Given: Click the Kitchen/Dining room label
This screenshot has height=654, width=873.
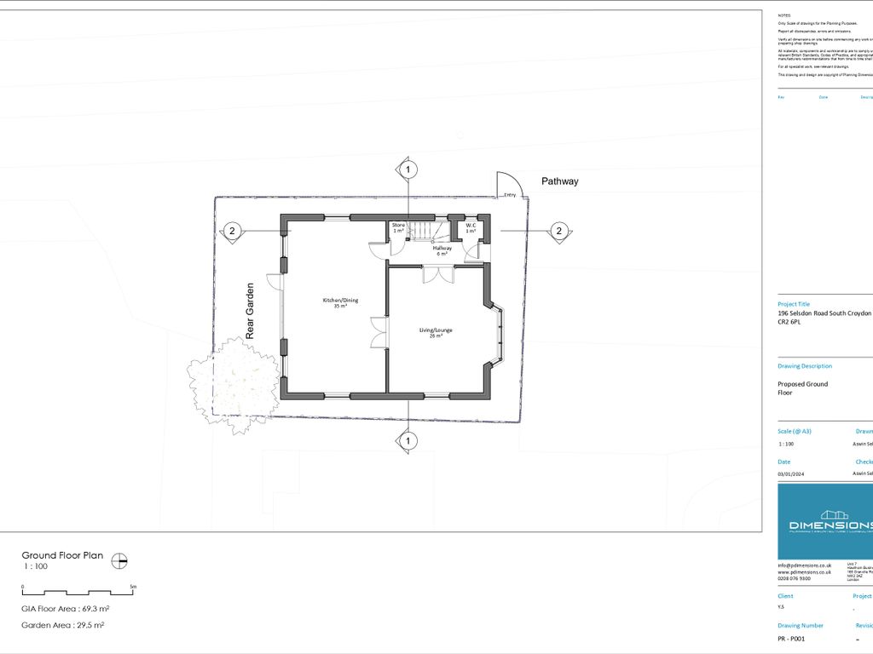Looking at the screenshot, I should tap(334, 302).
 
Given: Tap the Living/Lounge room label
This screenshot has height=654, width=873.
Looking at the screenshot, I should tap(436, 332).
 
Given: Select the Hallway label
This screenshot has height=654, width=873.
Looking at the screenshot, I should tap(442, 250).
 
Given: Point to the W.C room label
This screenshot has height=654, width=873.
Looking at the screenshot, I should tap(470, 228).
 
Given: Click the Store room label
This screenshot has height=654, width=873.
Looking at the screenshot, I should tap(398, 228).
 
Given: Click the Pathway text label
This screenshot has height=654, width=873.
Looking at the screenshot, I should tap(559, 181).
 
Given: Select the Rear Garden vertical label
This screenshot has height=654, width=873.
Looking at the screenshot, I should tap(251, 311).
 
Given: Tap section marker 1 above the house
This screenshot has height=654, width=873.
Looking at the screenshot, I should tap(408, 170).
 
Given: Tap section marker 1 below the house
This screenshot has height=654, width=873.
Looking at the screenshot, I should tap(408, 441).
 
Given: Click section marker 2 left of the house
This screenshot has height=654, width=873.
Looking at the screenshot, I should tap(230, 231).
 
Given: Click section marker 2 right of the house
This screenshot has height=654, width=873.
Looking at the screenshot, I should tap(558, 231).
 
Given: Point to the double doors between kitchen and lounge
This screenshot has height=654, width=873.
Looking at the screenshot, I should tap(379, 332).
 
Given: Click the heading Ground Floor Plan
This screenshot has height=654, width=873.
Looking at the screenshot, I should tap(62, 555).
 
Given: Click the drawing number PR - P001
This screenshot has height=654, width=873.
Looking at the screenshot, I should tap(791, 638).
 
